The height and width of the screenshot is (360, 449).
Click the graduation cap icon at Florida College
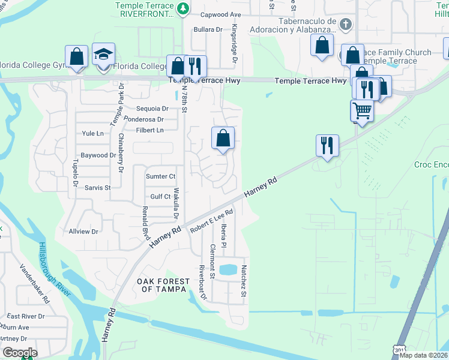click(x=104, y=55)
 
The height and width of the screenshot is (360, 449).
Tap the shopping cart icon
click(x=361, y=110)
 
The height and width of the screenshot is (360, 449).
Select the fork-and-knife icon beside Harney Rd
click(x=327, y=145)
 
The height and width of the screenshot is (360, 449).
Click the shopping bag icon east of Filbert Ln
click(x=223, y=138)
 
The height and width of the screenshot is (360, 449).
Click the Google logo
click(x=19, y=353)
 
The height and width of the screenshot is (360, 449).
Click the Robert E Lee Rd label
click(x=211, y=221)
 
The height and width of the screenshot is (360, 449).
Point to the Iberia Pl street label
click(x=223, y=235)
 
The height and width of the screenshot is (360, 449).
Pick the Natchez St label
click(x=244, y=281)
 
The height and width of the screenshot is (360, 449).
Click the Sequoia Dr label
click(x=153, y=109)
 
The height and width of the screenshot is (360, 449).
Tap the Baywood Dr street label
click(x=98, y=155)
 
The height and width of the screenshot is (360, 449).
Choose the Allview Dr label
click(x=83, y=231)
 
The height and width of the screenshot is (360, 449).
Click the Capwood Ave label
click(x=220, y=14)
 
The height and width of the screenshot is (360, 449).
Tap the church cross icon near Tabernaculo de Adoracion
click(x=345, y=25)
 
